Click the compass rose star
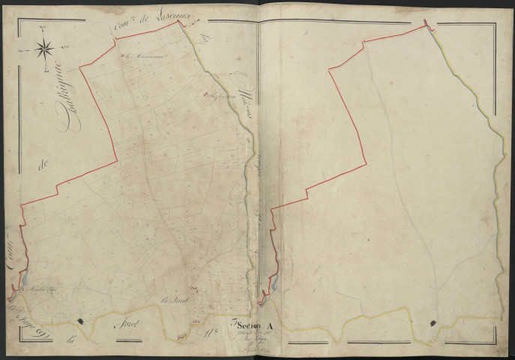coord(45,50)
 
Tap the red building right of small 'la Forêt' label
coord(194,286)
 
